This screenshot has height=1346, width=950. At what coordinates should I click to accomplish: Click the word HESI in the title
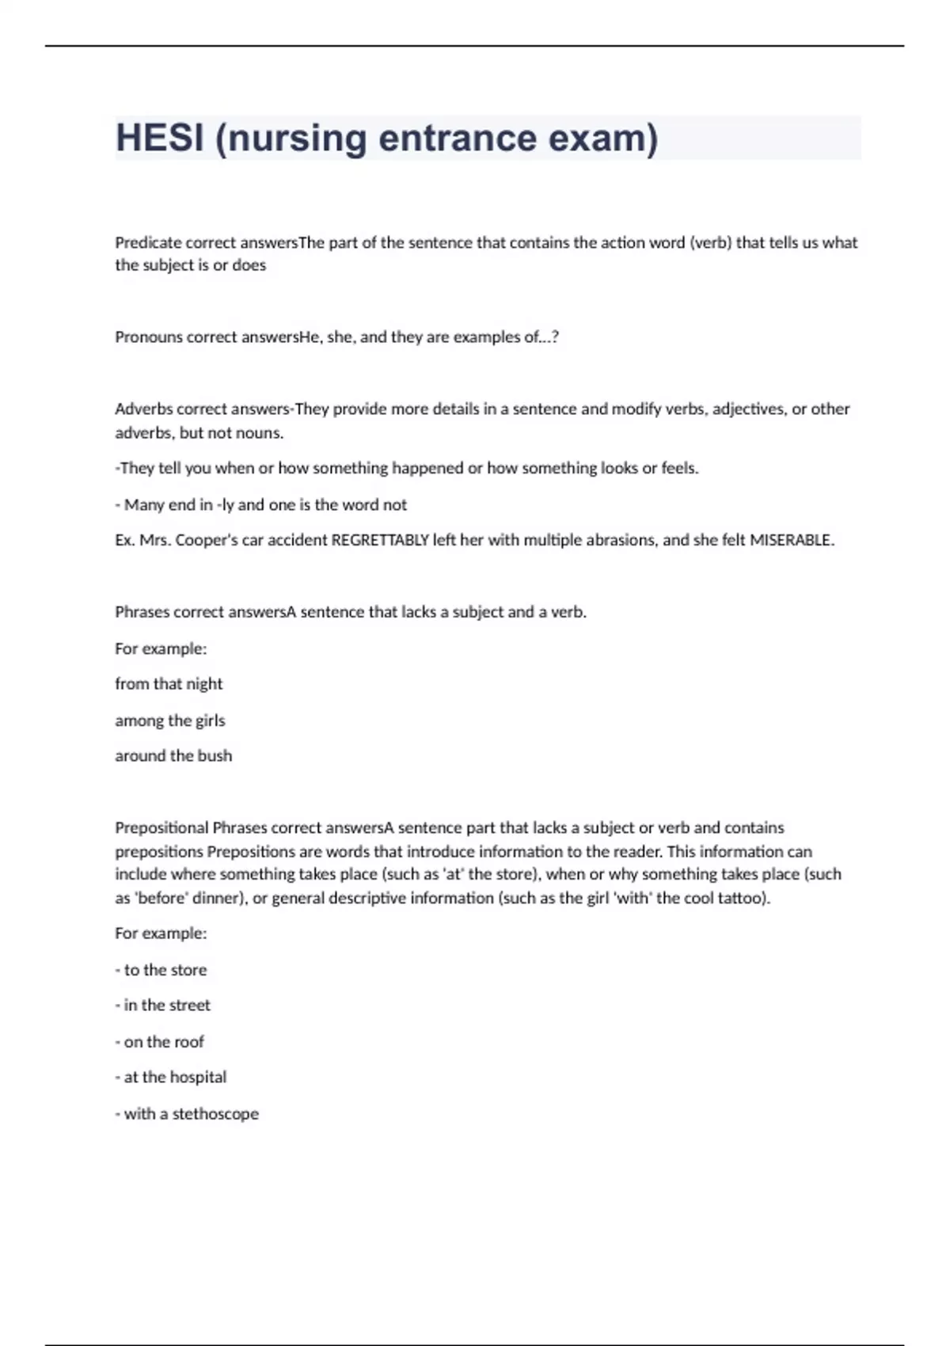159,138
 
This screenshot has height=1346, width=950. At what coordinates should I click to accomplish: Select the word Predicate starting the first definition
148,243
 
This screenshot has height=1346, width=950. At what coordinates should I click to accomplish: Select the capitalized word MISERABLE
790,541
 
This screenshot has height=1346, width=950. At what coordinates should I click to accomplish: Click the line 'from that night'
169,684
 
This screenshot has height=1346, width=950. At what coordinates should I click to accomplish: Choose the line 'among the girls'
170,721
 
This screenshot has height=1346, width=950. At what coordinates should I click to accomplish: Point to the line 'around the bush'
173,756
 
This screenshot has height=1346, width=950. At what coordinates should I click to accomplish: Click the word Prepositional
161,828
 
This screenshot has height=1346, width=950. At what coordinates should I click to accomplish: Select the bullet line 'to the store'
165,970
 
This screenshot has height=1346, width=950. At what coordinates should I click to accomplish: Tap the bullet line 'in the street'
166,1006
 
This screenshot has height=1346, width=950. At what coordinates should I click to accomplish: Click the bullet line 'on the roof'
163,1042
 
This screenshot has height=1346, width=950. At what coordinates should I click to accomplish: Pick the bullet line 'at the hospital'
174,1078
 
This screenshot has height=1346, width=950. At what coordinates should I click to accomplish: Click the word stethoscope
215,1114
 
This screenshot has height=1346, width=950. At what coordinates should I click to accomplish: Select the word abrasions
621,541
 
